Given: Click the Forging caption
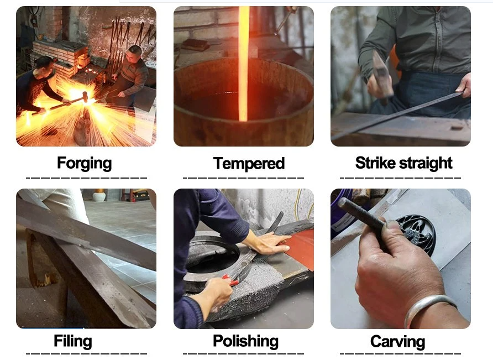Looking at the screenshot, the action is (84, 163).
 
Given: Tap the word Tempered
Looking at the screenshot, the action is (249, 163).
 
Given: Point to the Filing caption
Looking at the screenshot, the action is (72, 341).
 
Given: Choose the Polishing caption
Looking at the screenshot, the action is (245, 341).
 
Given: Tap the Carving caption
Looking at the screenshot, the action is (397, 342).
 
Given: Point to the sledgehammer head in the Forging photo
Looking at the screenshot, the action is (85, 97).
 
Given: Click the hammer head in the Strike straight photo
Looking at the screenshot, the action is (381, 72).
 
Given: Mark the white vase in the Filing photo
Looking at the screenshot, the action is (99, 195).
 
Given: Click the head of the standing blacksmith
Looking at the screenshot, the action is (135, 53).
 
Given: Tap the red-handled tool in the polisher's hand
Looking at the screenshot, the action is (230, 280).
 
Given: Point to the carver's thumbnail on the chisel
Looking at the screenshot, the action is (391, 225).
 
